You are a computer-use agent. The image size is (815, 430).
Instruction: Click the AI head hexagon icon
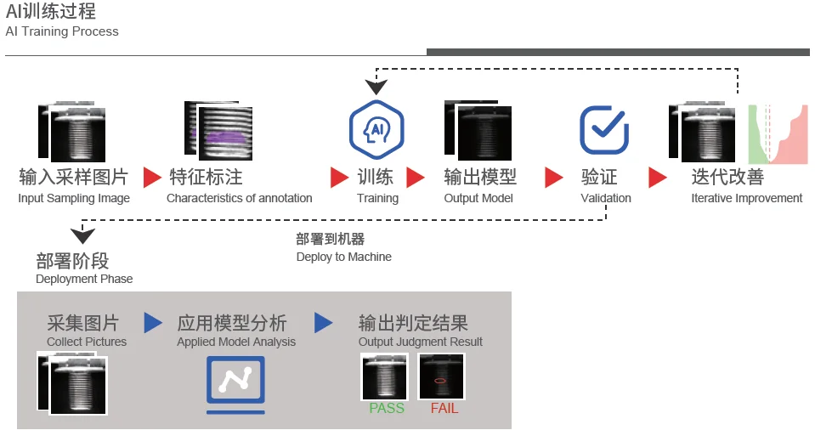pyautogui.click(x=376, y=129)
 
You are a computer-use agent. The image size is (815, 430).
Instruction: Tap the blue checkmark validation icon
pyautogui.click(x=604, y=130)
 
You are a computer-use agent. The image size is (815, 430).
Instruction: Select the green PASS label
pyautogui.click(x=387, y=408)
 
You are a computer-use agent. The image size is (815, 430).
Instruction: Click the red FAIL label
pyautogui.click(x=444, y=408)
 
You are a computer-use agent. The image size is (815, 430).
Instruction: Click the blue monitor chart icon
pyautogui.click(x=235, y=385)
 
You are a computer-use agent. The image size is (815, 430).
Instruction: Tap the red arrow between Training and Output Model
pyautogui.click(x=415, y=178)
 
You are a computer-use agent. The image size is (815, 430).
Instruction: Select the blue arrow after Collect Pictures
pyautogui.click(x=153, y=323)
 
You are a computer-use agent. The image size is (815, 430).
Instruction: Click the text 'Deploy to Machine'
pyautogui.click(x=344, y=257)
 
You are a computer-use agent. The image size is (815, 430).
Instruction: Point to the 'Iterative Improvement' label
pyautogui.click(x=746, y=198)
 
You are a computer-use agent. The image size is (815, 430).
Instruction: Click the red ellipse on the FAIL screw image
pyautogui.click(x=439, y=381)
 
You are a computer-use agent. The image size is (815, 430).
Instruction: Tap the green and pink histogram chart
pyautogui.click(x=778, y=134)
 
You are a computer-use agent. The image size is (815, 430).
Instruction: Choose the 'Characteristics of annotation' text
pyautogui.click(x=239, y=198)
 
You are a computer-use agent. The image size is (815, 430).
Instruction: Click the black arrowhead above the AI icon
pyautogui.click(x=376, y=87)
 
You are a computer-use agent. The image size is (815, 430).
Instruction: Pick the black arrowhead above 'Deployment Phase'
pyautogui.click(x=82, y=235)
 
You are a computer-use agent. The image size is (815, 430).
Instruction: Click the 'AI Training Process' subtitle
pyautogui.click(x=62, y=31)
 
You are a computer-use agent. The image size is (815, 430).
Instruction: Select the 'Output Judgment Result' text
pyautogui.click(x=421, y=342)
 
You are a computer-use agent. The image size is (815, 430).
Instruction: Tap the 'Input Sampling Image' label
pyautogui.click(x=74, y=198)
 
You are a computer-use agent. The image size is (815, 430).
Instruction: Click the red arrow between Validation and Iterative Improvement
pyautogui.click(x=658, y=178)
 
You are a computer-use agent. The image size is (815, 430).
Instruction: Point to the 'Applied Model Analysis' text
pyautogui.click(x=236, y=342)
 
